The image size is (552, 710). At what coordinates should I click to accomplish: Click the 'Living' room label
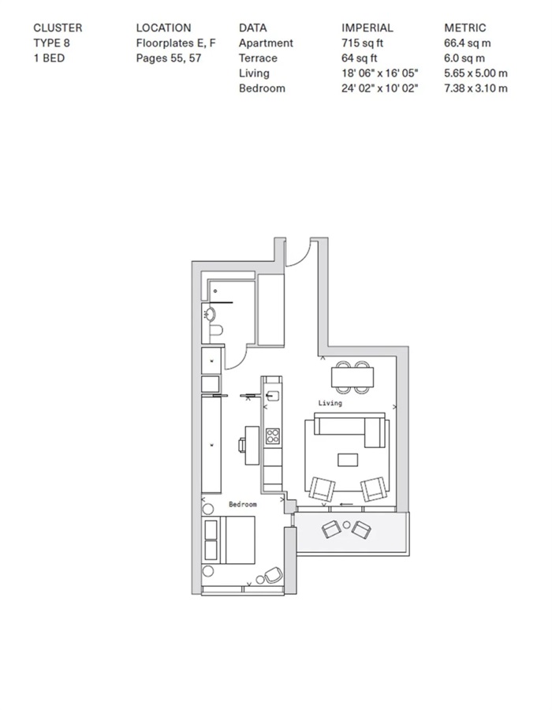click(330, 402)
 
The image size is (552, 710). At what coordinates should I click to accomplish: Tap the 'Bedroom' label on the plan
click(243, 504)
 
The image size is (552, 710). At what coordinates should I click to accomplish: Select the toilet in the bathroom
click(216, 330)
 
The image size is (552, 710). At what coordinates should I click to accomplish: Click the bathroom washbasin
click(210, 314)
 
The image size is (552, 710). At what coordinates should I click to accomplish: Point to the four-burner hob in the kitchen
click(273, 436)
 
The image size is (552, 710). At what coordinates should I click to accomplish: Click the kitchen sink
click(272, 396)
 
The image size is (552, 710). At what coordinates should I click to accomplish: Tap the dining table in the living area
click(352, 377)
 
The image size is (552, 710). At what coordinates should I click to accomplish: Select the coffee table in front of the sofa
click(348, 460)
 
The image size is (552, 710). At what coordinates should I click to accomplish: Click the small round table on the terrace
click(346, 525)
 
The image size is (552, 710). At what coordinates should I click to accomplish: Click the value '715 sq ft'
click(362, 43)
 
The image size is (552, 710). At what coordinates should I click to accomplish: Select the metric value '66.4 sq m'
click(468, 43)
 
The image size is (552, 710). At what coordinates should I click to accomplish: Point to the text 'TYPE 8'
click(51, 43)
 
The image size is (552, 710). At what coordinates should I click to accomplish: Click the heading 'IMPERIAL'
click(367, 28)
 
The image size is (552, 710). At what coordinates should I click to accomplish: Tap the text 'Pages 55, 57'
click(168, 58)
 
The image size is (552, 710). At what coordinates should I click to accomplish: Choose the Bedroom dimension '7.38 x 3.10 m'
click(476, 88)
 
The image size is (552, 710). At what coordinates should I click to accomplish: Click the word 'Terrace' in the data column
click(258, 58)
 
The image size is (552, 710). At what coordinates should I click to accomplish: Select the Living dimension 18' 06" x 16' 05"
click(379, 73)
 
